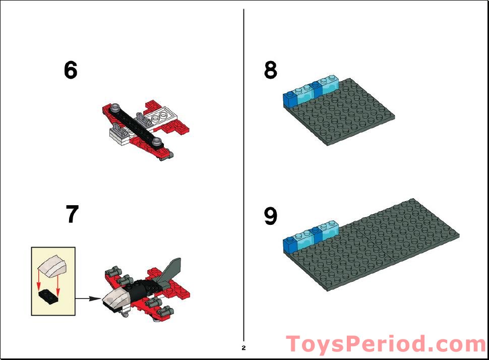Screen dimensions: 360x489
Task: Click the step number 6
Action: point(71,71)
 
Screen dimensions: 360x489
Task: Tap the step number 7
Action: point(72,215)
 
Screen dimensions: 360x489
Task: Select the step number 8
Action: point(271,71)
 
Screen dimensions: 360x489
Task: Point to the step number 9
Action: point(271,216)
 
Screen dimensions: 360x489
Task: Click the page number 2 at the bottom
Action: point(243,348)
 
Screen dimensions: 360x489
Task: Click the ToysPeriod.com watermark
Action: point(386,344)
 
